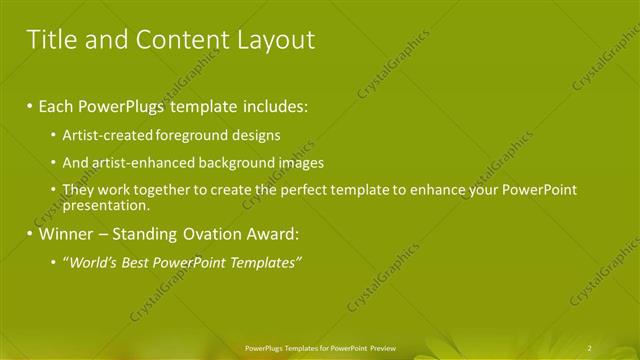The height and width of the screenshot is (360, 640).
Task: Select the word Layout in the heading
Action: click(x=272, y=40)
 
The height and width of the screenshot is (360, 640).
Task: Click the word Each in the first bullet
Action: click(x=58, y=105)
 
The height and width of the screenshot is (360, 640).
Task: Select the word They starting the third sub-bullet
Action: click(x=77, y=190)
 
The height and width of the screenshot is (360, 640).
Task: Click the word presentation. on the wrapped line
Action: click(x=105, y=206)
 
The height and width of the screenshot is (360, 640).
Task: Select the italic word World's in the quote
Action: click(x=91, y=263)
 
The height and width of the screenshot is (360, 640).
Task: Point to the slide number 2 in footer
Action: click(x=590, y=348)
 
